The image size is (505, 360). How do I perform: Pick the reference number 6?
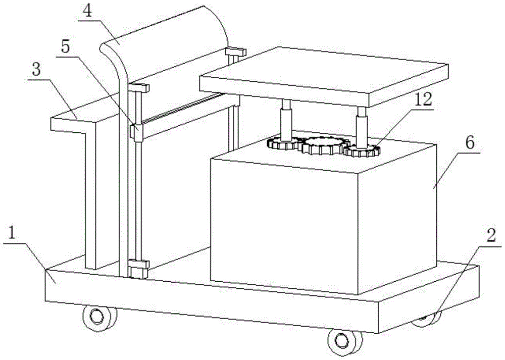click(x=469, y=143)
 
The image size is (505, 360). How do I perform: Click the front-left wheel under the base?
click(x=95, y=317)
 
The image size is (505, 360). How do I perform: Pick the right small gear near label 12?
click(x=362, y=150)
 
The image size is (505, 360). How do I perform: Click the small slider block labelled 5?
click(x=135, y=131)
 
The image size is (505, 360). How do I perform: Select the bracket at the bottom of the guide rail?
click(x=138, y=267)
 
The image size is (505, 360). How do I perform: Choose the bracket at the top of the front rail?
click(x=139, y=88)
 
